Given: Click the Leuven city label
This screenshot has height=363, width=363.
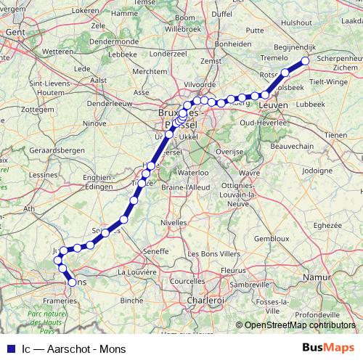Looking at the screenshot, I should coord(273,106).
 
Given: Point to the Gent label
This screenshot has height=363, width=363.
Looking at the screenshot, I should coord(15,41).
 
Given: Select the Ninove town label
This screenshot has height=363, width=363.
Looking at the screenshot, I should coord(94,123).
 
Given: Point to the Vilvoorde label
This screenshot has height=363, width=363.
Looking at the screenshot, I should coord(200,85).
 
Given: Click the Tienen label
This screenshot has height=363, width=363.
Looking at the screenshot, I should coord(335,135).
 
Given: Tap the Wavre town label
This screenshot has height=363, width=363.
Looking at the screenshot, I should coord(249,173).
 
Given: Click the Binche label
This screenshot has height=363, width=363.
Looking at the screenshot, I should coord(131,299).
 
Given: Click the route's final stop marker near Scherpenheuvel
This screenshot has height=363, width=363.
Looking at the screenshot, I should coord(305,61).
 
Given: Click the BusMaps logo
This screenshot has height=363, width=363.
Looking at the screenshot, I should coord(329,347).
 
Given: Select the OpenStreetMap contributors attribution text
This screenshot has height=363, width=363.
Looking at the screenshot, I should coord(299,325).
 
